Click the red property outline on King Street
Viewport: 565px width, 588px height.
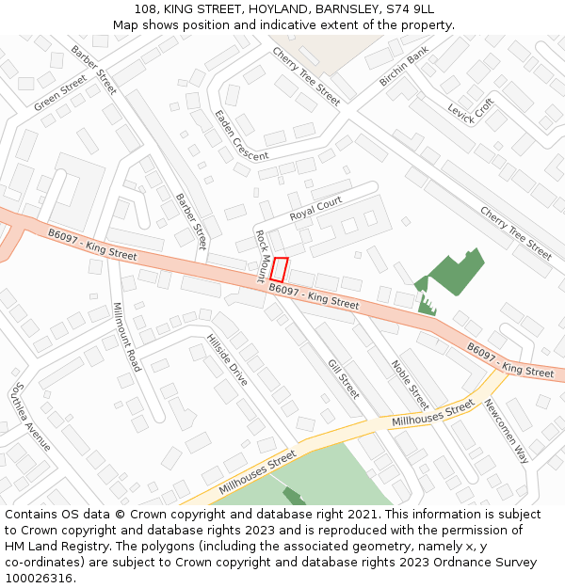[280, 269]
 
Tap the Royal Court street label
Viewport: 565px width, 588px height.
[315, 209]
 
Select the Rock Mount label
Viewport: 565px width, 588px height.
[263, 255]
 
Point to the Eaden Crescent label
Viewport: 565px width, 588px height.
[241, 135]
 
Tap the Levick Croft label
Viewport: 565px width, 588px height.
[471, 113]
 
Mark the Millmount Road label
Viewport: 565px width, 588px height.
[126, 337]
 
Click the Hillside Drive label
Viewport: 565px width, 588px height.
[227, 359]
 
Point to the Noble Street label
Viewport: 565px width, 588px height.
[410, 385]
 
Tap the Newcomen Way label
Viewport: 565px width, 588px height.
[507, 431]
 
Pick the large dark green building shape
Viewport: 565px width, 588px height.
[457, 273]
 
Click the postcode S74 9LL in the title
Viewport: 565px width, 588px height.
[410, 9]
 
